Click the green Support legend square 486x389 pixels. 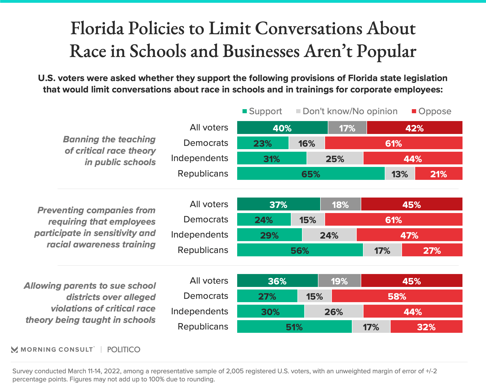point(245,111)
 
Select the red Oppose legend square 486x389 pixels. point(414,111)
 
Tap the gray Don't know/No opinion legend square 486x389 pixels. point(298,111)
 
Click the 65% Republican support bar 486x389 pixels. point(311,174)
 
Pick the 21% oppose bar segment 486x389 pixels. point(439,174)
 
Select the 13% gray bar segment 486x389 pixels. point(400,174)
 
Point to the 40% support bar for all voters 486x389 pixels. point(282,128)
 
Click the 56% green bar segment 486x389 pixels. point(300,250)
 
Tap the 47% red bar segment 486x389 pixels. point(409,235)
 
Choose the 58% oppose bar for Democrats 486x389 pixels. point(397,296)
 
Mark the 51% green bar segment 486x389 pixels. point(294,327)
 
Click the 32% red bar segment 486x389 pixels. point(426,327)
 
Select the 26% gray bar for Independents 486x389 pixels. point(334,312)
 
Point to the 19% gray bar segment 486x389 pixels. point(339,281)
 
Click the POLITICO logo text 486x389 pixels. point(124,350)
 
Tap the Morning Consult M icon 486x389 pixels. point(14,350)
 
